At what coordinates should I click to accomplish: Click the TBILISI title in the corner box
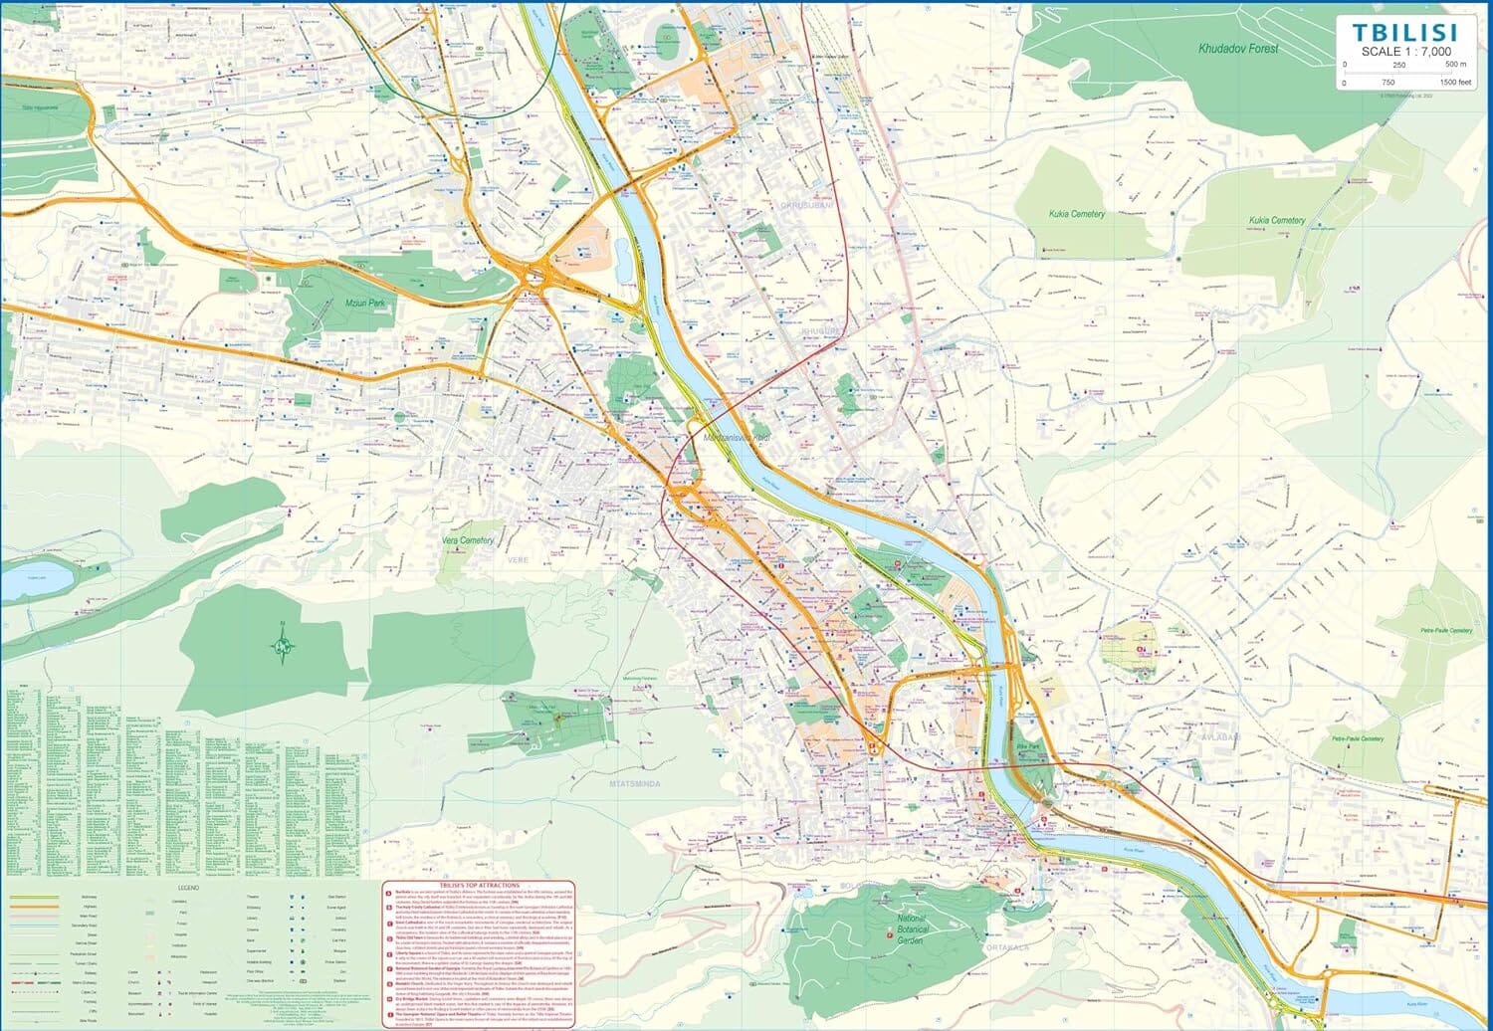[1404, 32]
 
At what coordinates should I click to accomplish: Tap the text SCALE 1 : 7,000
[1405, 52]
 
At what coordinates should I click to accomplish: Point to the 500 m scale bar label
[1455, 65]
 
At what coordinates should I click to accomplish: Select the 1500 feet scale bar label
[1455, 83]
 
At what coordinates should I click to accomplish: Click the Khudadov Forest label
[1238, 48]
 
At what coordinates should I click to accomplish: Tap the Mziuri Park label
[364, 303]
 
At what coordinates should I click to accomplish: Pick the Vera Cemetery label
[467, 540]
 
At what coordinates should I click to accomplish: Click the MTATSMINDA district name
[635, 784]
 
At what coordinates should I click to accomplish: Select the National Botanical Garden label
[912, 929]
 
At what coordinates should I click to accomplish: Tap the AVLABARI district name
[1219, 738]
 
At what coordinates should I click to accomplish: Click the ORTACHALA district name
[1007, 947]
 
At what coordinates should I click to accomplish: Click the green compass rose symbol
[284, 648]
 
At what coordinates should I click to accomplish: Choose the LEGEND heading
[188, 888]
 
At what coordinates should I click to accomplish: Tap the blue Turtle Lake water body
[37, 577]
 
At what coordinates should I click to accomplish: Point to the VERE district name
[519, 560]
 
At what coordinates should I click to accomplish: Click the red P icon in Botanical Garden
[889, 932]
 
